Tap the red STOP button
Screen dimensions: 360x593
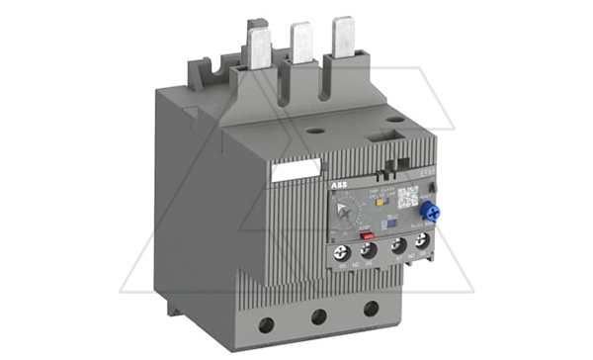365,235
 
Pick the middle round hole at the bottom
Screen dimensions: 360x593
319,316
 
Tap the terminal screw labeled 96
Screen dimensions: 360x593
368,251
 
